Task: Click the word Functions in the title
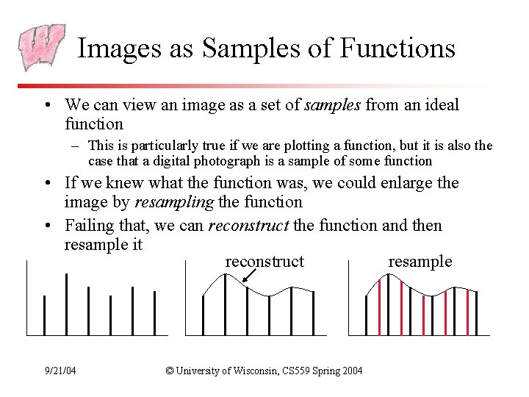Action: (x=398, y=49)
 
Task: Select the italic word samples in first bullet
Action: (x=331, y=105)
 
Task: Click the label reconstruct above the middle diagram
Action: (x=264, y=262)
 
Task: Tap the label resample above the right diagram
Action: (x=420, y=262)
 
